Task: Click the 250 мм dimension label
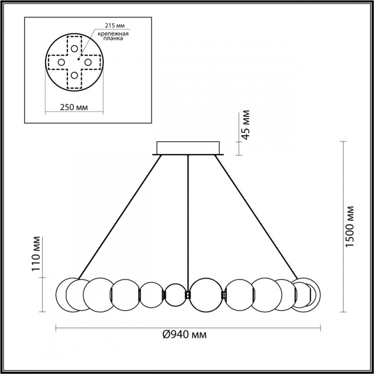pos(74,108)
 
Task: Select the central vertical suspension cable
pos(188,220)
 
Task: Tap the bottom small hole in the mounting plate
pos(74,74)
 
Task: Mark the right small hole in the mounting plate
pos(87,62)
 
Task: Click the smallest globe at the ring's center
pos(176,295)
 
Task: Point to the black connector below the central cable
pos(188,295)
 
